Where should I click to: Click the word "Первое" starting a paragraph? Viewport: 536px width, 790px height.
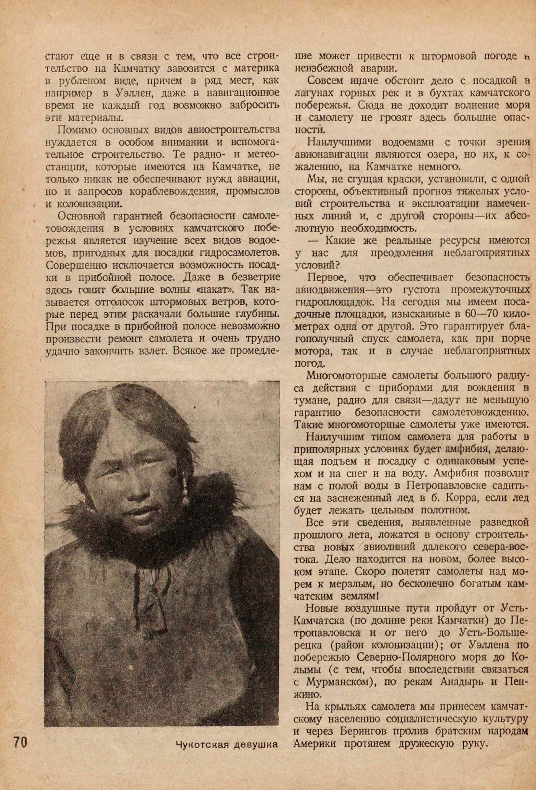pos(324,278)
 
